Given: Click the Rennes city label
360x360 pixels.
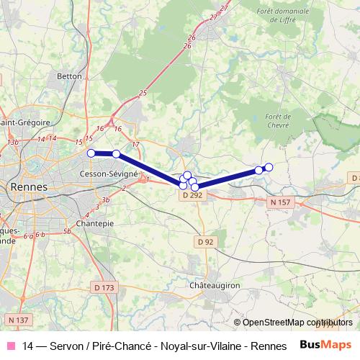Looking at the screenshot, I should [29, 187].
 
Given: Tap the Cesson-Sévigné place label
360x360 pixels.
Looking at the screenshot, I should [109, 174].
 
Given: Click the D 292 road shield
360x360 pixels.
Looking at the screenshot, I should [191, 195].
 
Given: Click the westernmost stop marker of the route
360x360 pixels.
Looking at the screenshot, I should [91, 153].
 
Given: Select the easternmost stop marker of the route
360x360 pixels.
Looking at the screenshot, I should [269, 167].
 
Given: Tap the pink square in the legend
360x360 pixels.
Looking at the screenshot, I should [10, 345].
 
